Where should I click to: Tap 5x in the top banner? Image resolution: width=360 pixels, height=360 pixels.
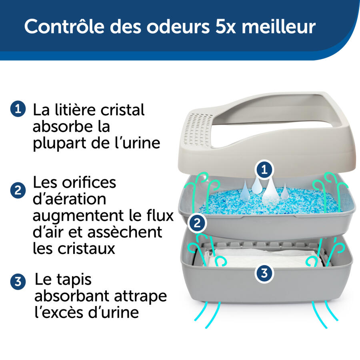(216, 26)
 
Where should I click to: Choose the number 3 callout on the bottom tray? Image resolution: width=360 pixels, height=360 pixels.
(264, 273)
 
